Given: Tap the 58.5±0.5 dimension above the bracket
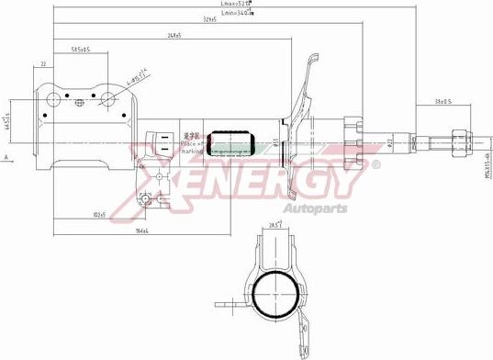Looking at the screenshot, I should (81, 50).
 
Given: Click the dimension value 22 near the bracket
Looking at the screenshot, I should (43, 64).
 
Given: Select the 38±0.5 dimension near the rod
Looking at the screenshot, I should (444, 101).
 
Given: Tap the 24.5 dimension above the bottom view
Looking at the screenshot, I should (274, 224).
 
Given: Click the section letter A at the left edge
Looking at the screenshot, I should (6, 158).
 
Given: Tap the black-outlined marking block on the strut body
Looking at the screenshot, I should (231, 142).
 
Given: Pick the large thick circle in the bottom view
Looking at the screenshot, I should (276, 296).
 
